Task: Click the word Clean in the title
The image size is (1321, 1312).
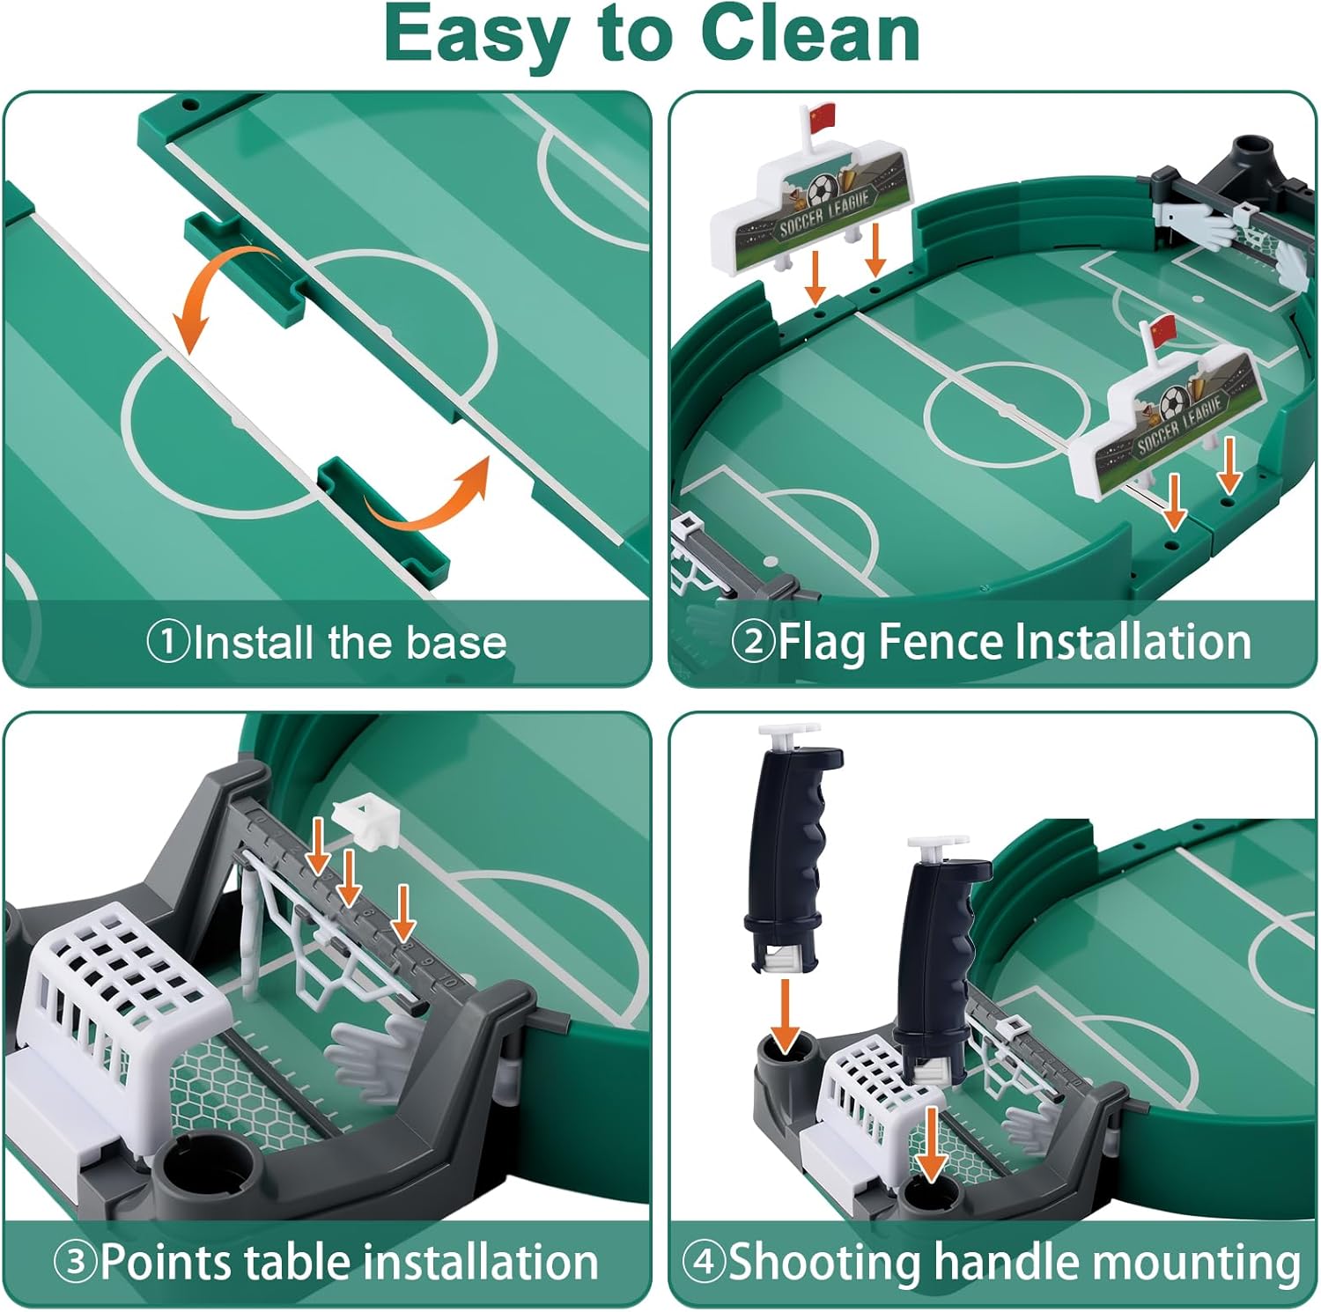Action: pyautogui.click(x=810, y=35)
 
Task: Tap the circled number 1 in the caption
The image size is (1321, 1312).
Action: pyautogui.click(x=167, y=641)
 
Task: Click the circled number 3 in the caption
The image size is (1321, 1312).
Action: pyautogui.click(x=76, y=1262)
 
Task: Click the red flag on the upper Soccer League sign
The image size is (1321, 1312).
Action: pyautogui.click(x=822, y=116)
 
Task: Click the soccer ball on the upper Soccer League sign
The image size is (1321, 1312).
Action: pyautogui.click(x=823, y=189)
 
